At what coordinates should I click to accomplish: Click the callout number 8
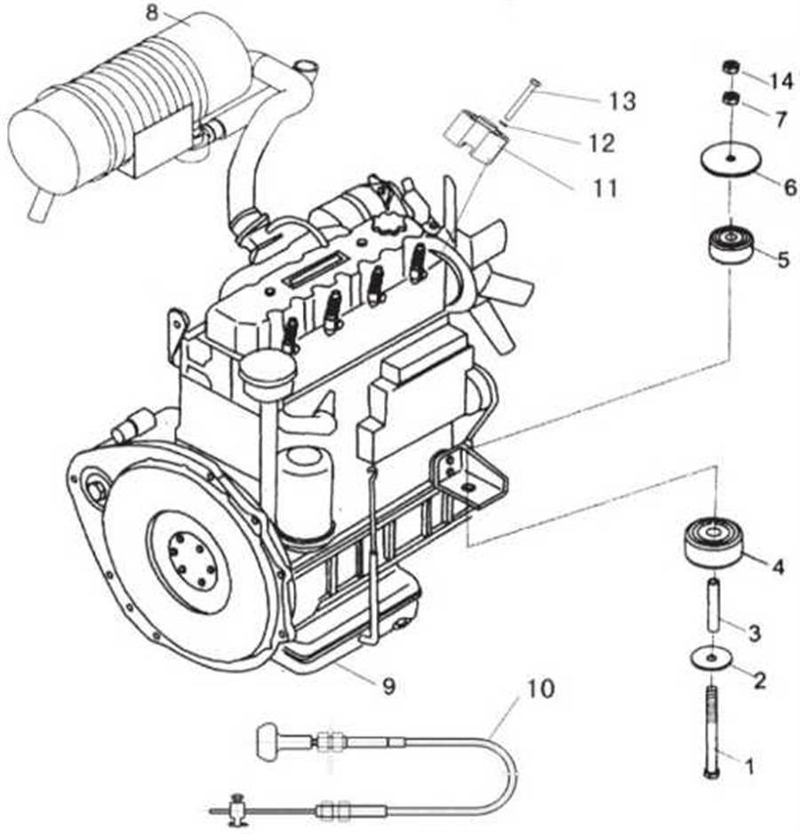pyautogui.click(x=151, y=12)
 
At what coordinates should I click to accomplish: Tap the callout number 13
pyautogui.click(x=622, y=101)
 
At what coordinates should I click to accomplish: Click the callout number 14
pyautogui.click(x=781, y=81)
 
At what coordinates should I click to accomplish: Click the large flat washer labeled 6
pyautogui.click(x=729, y=161)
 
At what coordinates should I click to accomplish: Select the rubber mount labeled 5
pyautogui.click(x=731, y=245)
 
